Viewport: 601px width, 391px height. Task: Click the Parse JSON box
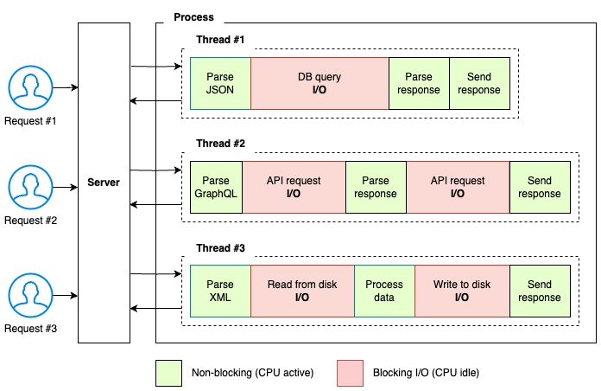[x=220, y=83]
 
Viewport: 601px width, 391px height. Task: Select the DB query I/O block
[x=319, y=83]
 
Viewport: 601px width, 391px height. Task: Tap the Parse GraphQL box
[x=216, y=187]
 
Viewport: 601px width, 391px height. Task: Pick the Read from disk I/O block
[x=302, y=291]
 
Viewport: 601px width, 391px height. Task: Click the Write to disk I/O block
[x=462, y=291]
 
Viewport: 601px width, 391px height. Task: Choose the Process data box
[x=384, y=291]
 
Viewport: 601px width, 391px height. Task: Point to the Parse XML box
[x=220, y=291]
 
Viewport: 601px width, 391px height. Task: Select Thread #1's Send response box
[x=479, y=83]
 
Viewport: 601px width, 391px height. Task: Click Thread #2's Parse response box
[x=376, y=187]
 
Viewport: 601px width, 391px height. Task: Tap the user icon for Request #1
[x=31, y=87]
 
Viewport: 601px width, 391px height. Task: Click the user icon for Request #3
[x=31, y=295]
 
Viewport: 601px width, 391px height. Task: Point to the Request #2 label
[x=31, y=221]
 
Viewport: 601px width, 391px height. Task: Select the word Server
[x=104, y=182]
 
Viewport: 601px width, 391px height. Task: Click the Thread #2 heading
[x=220, y=144]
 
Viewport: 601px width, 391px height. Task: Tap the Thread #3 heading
[x=220, y=248]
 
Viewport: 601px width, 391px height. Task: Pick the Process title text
[x=193, y=17]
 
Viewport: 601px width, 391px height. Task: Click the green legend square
[x=168, y=373]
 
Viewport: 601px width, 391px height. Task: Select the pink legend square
[x=350, y=373]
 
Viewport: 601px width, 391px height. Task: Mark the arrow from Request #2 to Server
[x=65, y=187]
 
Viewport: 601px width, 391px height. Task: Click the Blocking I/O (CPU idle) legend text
[x=426, y=373]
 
